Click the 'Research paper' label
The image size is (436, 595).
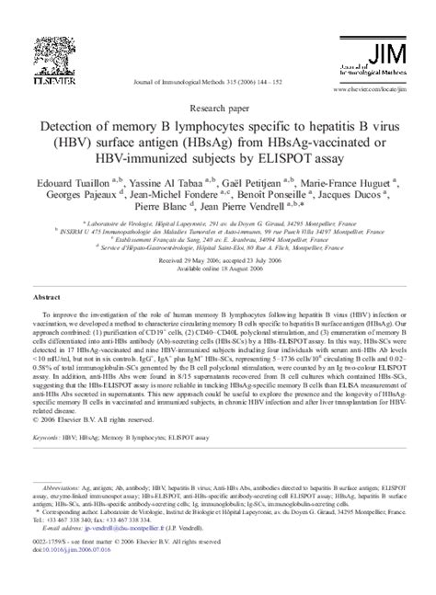pyautogui.click(x=218, y=106)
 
